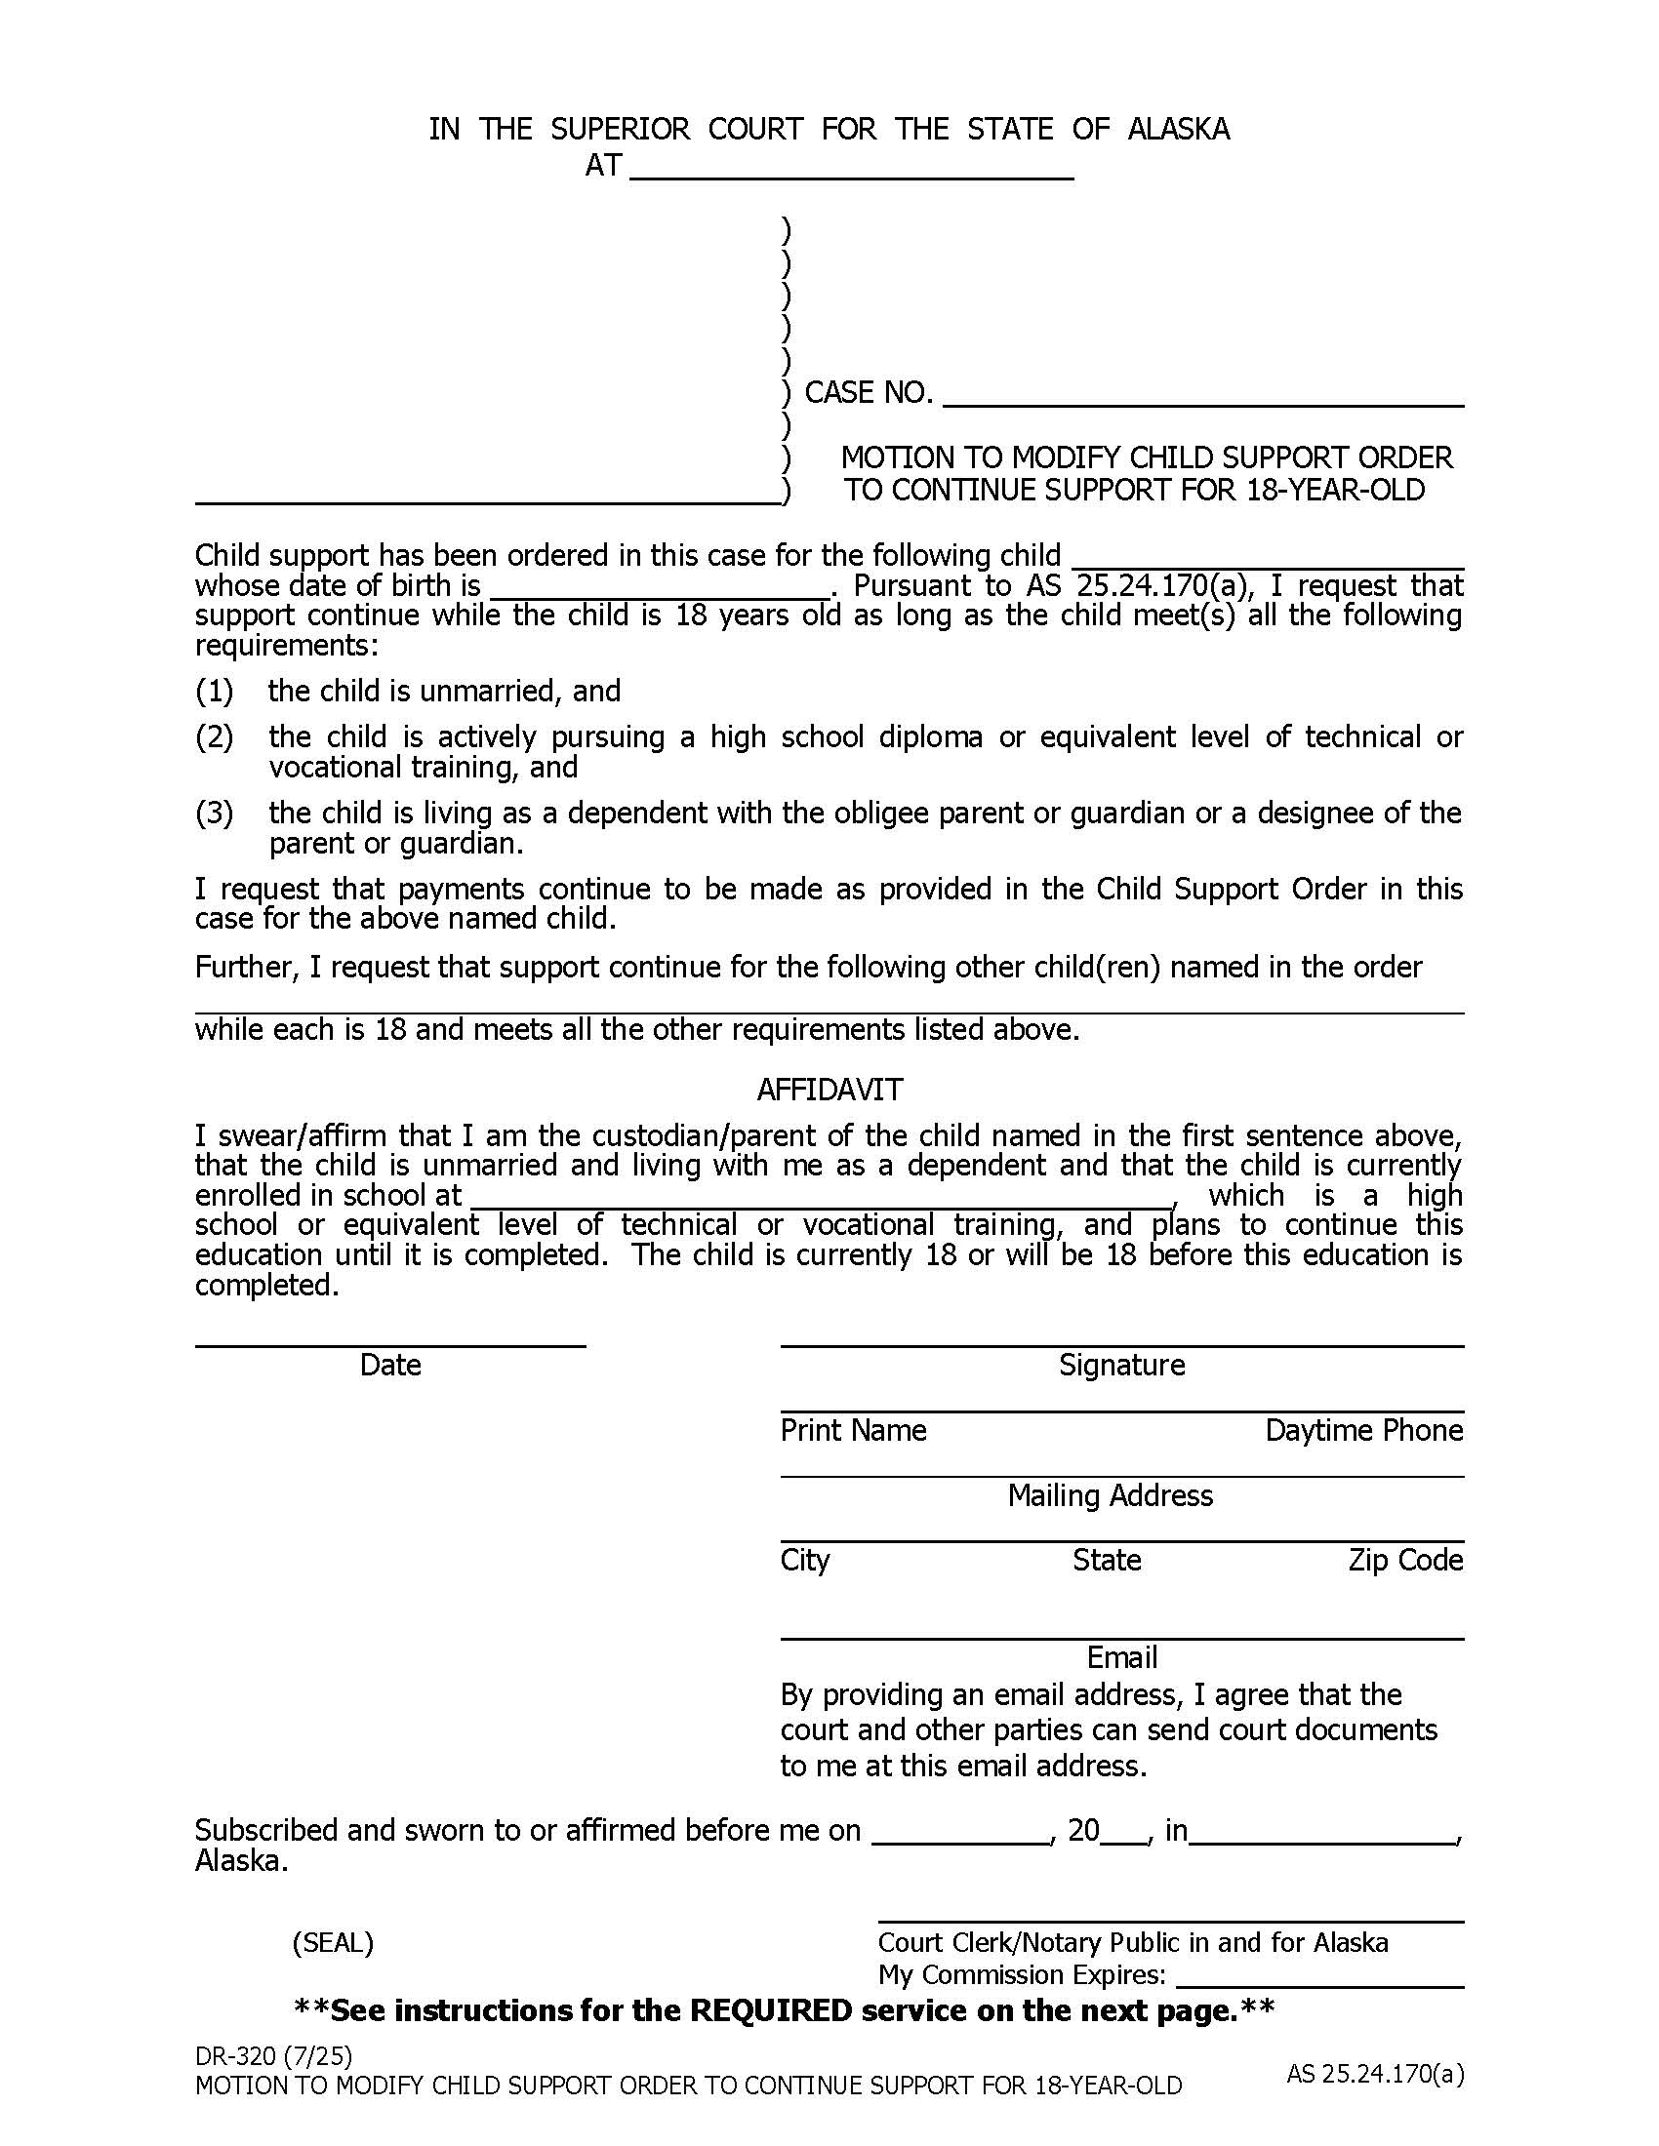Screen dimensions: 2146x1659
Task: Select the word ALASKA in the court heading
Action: click(1178, 129)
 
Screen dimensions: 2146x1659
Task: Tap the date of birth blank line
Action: click(660, 589)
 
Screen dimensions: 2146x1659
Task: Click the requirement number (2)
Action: click(215, 736)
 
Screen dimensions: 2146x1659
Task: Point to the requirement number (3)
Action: click(215, 813)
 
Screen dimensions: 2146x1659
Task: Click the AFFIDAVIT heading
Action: click(829, 1090)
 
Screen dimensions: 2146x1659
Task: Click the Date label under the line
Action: click(390, 1365)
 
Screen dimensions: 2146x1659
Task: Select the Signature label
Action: click(1121, 1365)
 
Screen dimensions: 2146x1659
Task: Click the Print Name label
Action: click(853, 1430)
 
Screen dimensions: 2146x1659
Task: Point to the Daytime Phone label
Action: click(1363, 1430)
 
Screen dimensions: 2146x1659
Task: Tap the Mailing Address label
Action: click(1110, 1495)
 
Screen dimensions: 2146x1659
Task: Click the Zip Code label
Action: click(1404, 1561)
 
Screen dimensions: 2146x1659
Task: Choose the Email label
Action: click(1121, 1657)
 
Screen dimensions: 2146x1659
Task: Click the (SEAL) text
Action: click(332, 1942)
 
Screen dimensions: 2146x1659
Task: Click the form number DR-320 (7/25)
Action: click(273, 2056)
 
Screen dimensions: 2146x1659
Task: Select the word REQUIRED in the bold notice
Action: click(771, 2011)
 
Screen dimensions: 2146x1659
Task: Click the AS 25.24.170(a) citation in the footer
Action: click(1375, 2074)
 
